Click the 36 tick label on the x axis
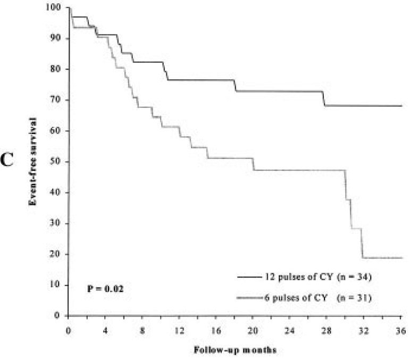click(x=401, y=328)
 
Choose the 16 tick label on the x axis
click(x=216, y=328)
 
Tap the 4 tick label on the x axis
click(x=105, y=328)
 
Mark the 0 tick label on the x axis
click(x=69, y=328)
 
